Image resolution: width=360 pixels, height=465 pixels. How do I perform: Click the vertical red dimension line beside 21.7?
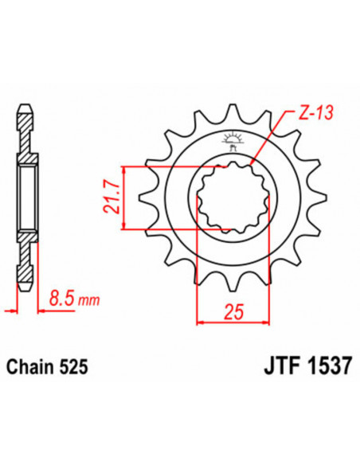tap(123, 197)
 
